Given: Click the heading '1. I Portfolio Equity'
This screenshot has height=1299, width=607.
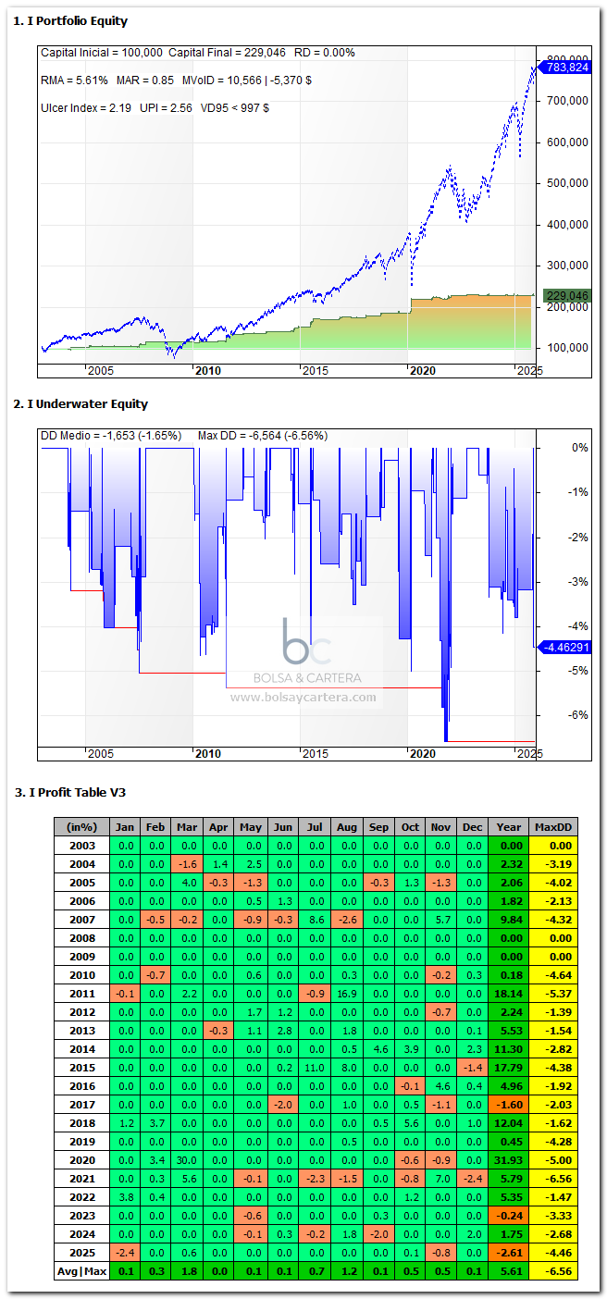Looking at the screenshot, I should pyautogui.click(x=70, y=21).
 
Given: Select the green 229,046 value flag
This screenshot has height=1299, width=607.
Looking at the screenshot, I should pyautogui.click(x=567, y=296).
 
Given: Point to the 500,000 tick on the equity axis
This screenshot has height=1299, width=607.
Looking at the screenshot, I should pyautogui.click(x=567, y=183).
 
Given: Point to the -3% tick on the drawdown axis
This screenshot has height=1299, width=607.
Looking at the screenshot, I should pyautogui.click(x=578, y=581).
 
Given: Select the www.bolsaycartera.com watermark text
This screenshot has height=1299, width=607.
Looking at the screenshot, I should pyautogui.click(x=303, y=698).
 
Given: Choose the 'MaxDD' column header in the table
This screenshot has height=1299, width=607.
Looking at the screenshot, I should pyautogui.click(x=552, y=827).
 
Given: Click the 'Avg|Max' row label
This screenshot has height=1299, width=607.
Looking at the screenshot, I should pyautogui.click(x=82, y=1272).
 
